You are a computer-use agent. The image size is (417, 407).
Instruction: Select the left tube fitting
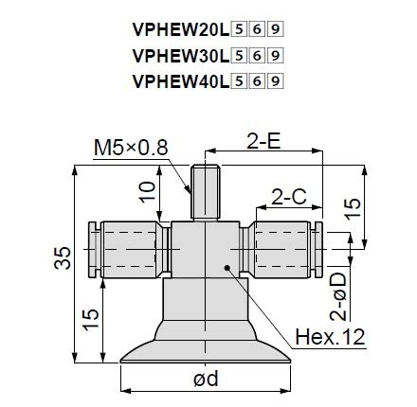point(128,250)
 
